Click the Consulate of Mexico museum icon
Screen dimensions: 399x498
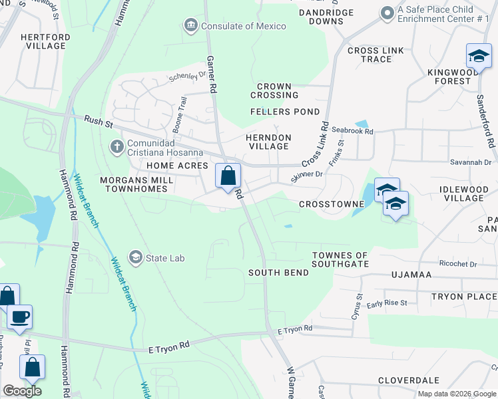tap(190, 26)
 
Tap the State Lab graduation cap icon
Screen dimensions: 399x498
tap(136, 257)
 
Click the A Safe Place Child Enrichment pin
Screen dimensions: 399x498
tap(387, 13)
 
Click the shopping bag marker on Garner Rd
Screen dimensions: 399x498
tap(228, 176)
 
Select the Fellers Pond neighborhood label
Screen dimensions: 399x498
tap(284, 112)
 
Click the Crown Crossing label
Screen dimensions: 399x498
tap(274, 91)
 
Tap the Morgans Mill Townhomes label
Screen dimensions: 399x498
tap(136, 185)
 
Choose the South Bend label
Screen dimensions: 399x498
tap(278, 273)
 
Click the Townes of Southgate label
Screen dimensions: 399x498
tap(340, 260)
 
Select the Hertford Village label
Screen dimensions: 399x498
tap(43, 41)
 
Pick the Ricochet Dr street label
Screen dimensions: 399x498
tap(455, 264)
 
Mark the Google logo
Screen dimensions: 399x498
tap(22, 391)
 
